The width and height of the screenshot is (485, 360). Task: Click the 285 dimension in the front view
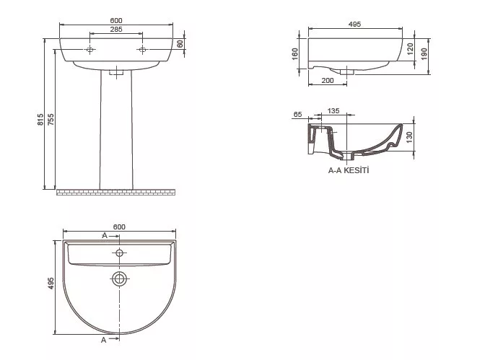pyautogui.click(x=116, y=30)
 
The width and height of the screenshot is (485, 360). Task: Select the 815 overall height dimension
pyautogui.click(x=40, y=119)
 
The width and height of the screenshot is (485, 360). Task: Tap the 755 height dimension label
pyautogui.click(x=51, y=119)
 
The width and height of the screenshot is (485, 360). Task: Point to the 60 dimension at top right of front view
pyautogui.click(x=180, y=43)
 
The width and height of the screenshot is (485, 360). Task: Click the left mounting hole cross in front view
pyautogui.click(x=89, y=50)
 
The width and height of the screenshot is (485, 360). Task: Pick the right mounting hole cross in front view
pyautogui.click(x=142, y=50)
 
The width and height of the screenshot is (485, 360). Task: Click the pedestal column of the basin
pyautogui.click(x=116, y=130)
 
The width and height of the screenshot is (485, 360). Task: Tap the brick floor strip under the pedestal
pyautogui.click(x=116, y=193)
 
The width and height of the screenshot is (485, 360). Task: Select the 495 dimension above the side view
pyautogui.click(x=354, y=24)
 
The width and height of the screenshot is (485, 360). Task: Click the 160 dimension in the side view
pyautogui.click(x=295, y=54)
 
